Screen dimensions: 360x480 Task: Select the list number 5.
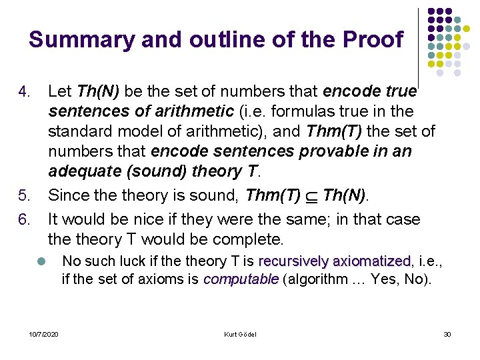24,196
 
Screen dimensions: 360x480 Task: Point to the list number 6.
24,219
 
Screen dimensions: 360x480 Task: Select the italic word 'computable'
241,279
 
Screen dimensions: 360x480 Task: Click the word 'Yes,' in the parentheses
386,279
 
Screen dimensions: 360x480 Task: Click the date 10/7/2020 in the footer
44,334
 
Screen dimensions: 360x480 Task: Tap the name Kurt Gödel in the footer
240,334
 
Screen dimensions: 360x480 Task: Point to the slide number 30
447,334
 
